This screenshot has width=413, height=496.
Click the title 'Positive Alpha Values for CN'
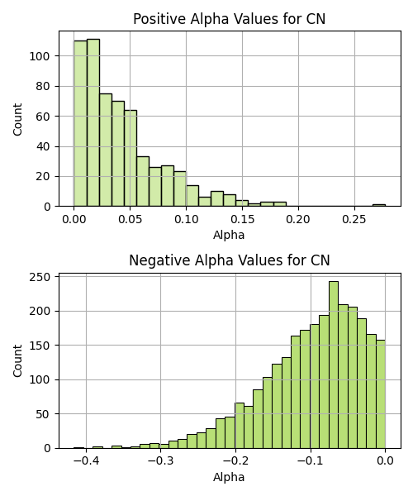point(229,19)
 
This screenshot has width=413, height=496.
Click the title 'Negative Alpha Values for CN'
point(230,260)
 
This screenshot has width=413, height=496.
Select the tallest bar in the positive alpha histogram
point(93,122)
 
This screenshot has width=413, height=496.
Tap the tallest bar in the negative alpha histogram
point(334,365)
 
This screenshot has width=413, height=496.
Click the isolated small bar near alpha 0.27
point(379,205)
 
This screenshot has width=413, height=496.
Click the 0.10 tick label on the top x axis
point(186,219)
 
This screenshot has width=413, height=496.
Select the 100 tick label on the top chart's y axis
point(40,56)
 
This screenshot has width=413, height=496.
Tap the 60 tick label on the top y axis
point(43,117)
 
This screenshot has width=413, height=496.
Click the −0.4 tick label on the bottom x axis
point(86,460)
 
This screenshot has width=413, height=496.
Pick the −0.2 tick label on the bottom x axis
point(235,460)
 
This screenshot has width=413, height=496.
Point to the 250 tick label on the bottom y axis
point(40,277)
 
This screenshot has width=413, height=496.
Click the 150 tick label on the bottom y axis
point(40,346)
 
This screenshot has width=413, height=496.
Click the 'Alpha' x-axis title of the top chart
point(229,235)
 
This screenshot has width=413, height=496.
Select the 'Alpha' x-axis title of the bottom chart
point(229,477)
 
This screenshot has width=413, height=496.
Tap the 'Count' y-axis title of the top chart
point(17,119)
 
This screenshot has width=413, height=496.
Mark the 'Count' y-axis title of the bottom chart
point(17,361)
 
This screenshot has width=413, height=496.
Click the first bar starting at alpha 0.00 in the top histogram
point(81,124)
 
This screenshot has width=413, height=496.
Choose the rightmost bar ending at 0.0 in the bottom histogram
point(381,394)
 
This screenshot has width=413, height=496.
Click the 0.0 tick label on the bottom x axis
point(385,460)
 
